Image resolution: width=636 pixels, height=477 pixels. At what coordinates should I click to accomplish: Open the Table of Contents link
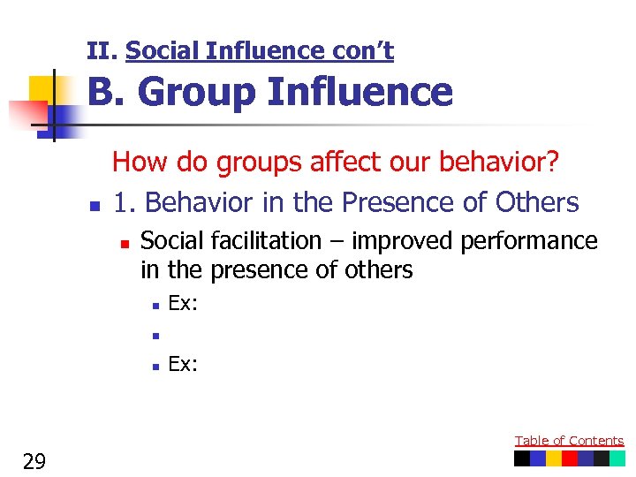(569, 441)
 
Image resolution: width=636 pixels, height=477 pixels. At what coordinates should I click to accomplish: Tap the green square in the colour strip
(617, 458)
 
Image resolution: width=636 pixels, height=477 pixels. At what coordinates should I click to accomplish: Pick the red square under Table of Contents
(570, 458)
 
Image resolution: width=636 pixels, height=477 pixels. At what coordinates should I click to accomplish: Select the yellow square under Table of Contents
(554, 458)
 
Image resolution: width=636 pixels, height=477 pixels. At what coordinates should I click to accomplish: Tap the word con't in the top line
(362, 52)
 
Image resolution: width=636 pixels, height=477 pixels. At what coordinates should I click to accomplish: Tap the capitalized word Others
(537, 202)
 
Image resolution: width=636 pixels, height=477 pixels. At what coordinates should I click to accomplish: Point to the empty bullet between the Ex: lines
(154, 335)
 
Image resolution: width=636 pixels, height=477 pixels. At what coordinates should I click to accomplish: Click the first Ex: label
(183, 304)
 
